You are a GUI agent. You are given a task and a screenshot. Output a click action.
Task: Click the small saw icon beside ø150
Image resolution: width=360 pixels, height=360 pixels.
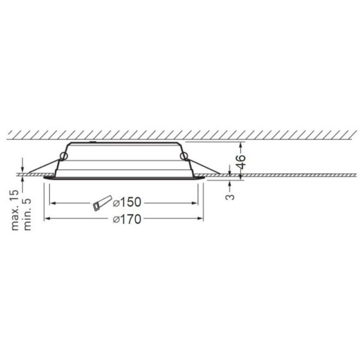[x=99, y=203]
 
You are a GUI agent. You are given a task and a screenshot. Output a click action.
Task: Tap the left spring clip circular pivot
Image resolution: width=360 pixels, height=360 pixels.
[x=63, y=155]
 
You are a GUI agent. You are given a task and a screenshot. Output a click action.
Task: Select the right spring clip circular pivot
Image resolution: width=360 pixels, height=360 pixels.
[x=184, y=156]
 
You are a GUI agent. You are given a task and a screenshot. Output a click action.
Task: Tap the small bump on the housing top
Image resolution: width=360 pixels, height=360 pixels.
[x=91, y=142]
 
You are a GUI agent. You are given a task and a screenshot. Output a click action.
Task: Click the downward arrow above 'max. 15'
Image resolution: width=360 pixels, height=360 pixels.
[x=22, y=167]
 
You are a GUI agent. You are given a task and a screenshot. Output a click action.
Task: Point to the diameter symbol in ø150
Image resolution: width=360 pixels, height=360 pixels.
[x=115, y=203]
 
